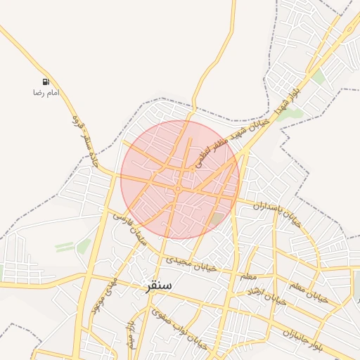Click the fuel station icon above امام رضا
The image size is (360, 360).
[46, 82]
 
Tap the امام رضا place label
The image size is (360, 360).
[46, 93]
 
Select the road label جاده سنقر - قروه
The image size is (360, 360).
[86, 141]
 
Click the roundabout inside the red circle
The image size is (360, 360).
[179, 188]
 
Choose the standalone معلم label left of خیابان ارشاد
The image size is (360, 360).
[248, 276]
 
